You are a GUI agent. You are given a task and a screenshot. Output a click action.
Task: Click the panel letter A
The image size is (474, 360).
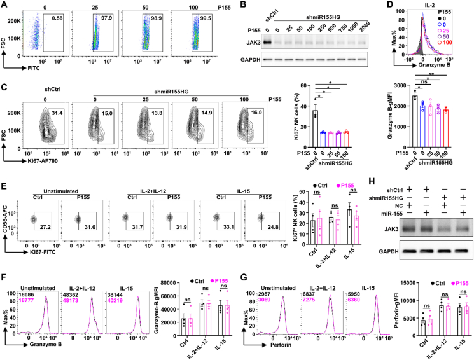coord(4,5)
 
